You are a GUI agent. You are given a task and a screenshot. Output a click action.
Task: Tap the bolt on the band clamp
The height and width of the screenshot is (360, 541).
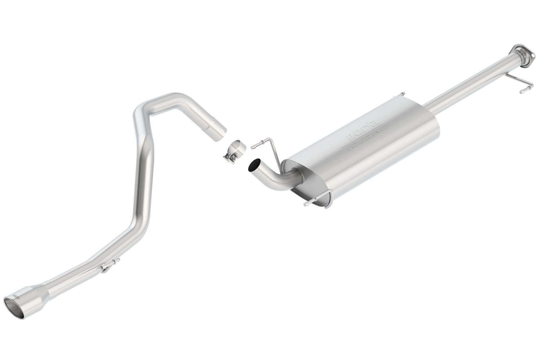tap(228, 157)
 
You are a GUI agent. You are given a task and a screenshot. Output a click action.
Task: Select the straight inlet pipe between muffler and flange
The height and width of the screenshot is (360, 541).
tap(469, 83)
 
